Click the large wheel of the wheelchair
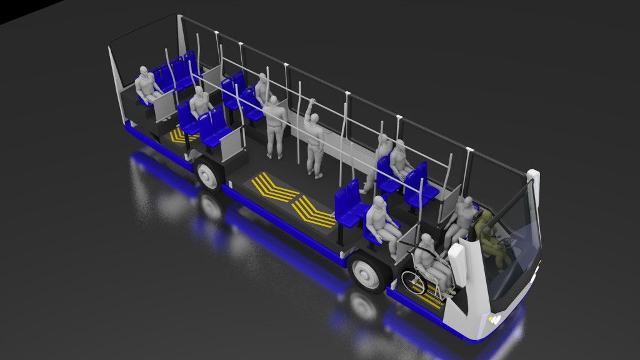click(413, 282)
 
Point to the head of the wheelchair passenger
click(427, 241)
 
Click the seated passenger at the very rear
click(146, 86)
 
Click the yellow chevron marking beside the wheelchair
click(431, 299)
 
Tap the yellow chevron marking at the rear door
click(182, 137)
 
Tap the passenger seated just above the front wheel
click(380, 222)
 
